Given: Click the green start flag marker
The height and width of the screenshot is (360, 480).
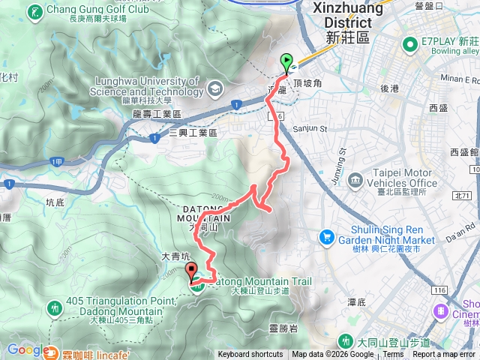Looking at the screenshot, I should click(286, 62).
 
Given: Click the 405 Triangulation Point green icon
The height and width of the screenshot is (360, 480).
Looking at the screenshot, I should click(54, 307).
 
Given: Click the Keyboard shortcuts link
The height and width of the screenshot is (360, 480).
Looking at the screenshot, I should click(250, 355).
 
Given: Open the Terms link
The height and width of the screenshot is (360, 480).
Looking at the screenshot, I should click(393, 355).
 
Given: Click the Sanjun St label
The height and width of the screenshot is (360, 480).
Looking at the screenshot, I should click(310, 128).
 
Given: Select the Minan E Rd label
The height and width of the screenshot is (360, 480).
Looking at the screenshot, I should click(458, 79).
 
